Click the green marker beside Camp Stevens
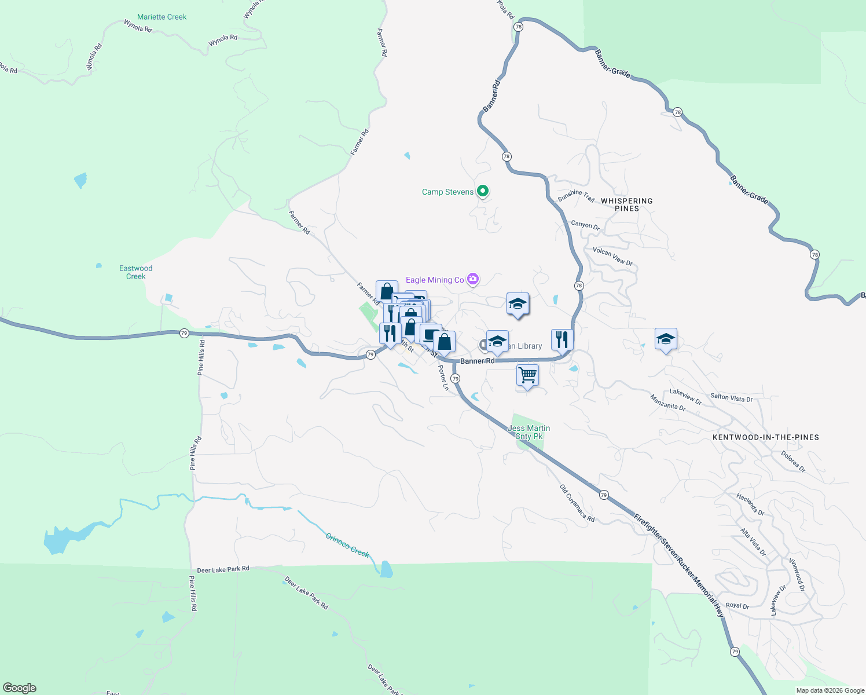click(483, 191)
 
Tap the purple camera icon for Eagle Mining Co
click(473, 280)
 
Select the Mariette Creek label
click(162, 17)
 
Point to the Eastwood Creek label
click(136, 272)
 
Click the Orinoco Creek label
click(347, 545)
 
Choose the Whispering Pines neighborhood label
click(626, 204)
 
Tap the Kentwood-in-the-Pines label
click(765, 437)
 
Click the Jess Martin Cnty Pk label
click(529, 432)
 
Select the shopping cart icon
click(527, 375)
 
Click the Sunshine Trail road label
click(576, 196)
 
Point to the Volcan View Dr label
click(612, 257)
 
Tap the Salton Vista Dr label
click(731, 398)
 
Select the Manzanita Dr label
click(667, 403)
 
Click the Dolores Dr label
click(793, 461)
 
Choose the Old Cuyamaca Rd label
click(577, 503)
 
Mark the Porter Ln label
click(443, 378)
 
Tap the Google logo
click(20, 687)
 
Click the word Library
click(530, 346)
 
